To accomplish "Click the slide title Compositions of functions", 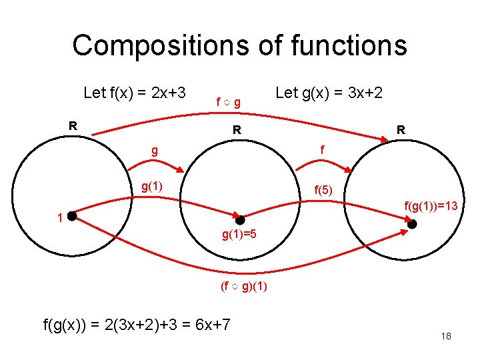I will coord(239,45).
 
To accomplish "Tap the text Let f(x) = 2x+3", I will coord(134,93).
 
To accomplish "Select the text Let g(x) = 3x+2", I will coord(329,93).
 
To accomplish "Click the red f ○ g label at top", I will coord(228,102).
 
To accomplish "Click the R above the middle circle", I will coord(237,131).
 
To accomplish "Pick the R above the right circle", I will coord(400,131).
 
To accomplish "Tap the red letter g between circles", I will coord(155,151).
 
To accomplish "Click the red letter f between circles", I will coord(322,151).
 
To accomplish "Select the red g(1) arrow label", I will coord(153,186).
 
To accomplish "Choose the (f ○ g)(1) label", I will coord(244,287).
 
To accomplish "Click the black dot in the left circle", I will coord(72,216).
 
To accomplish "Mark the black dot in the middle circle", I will coord(240,220).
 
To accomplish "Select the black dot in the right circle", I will coord(412,224).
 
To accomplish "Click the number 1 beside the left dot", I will coord(60,218).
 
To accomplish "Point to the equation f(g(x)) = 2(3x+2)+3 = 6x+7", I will coord(137,325).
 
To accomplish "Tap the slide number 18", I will coord(446,336).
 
